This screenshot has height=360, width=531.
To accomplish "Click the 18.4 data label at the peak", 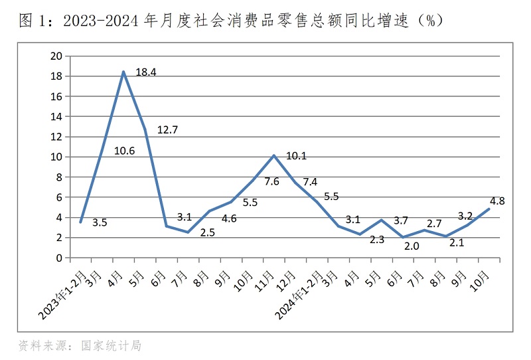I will [x=146, y=72].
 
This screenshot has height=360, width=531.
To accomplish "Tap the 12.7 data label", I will [x=167, y=130].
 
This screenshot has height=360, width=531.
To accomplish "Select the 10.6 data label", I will [x=124, y=151].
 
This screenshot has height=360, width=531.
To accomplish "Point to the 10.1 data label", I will [x=296, y=156].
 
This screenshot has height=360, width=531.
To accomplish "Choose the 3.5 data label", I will [x=100, y=223].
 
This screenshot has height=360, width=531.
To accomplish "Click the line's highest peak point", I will [x=123, y=72].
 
